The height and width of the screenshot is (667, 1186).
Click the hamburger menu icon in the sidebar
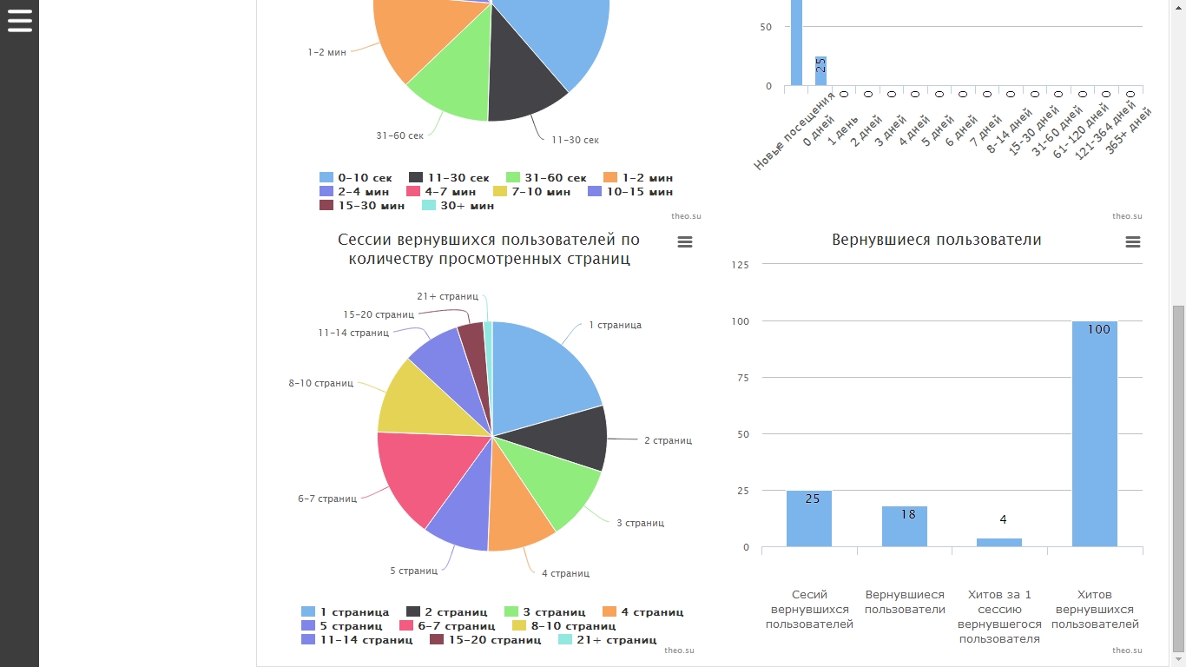coord(19,20)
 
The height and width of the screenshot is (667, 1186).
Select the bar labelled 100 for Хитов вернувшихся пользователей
coord(1094,434)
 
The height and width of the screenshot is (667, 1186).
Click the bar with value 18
coord(904,526)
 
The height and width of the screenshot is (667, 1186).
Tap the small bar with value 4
coord(998,542)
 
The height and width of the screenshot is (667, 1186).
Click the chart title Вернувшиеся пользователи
coord(936,240)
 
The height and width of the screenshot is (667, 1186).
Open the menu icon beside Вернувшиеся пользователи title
coord(1132,241)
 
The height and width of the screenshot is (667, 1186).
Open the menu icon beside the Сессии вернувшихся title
coord(684,241)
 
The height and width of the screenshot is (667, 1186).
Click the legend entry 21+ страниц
coord(607,640)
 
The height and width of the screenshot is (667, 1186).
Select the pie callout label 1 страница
coord(615,325)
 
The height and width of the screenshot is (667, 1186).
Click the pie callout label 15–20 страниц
coord(378,314)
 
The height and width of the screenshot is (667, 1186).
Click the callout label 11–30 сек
coord(575,140)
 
